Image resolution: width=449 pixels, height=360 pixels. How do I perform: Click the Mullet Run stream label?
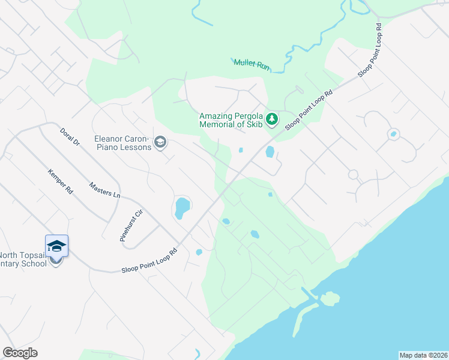[251, 64]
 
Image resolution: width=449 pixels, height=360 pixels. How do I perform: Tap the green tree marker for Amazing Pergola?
[272, 119]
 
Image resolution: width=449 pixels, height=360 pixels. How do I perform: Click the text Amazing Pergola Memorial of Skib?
[231, 120]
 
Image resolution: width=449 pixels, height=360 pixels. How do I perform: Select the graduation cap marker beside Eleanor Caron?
[160, 142]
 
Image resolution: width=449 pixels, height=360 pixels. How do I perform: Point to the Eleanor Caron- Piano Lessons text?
[122, 142]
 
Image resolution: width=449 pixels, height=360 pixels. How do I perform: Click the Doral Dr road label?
[70, 137]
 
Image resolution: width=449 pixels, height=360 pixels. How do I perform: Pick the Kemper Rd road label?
[60, 181]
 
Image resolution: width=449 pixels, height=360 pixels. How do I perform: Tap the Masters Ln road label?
[104, 191]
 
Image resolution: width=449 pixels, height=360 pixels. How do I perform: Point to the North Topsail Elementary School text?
[24, 259]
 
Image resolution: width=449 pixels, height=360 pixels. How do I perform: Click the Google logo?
[20, 352]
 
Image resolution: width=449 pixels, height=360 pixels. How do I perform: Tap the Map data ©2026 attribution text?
[423, 355]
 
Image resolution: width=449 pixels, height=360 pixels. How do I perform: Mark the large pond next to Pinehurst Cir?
[181, 208]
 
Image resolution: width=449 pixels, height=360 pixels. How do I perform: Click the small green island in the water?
[330, 298]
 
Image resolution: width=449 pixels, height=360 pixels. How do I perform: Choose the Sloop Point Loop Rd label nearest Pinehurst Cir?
[149, 262]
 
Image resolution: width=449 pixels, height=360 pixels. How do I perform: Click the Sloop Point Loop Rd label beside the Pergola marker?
[309, 110]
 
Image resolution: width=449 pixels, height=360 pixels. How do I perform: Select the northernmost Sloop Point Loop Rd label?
[370, 50]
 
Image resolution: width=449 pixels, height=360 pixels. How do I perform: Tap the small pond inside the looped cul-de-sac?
[393, 134]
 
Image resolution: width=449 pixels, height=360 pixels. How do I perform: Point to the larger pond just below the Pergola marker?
[270, 152]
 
